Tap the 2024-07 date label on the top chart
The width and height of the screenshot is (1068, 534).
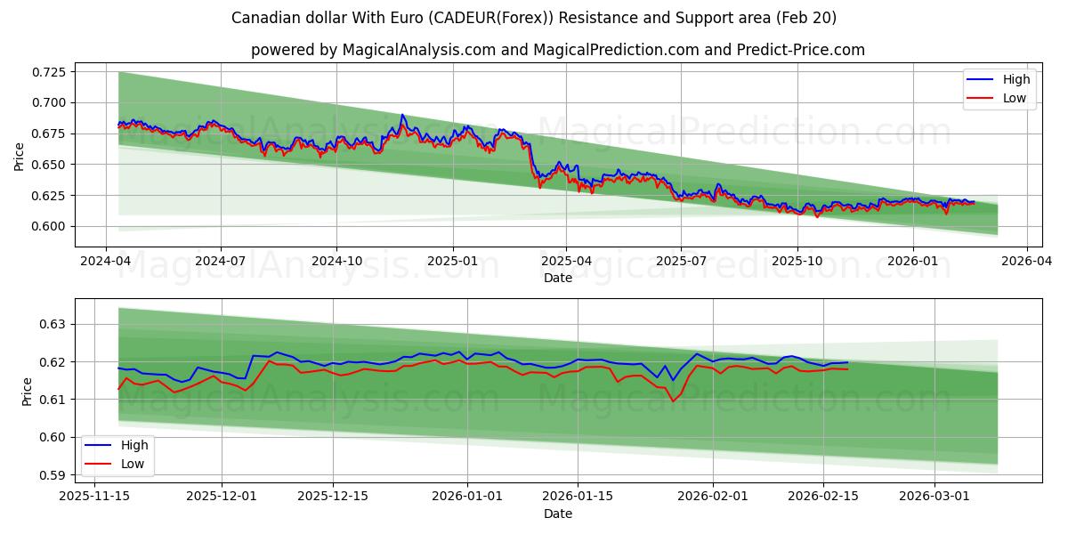(221, 262)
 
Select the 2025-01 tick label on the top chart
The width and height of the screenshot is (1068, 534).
(452, 262)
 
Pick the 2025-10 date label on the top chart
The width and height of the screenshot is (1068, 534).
(797, 262)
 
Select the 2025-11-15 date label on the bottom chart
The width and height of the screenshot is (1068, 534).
(93, 497)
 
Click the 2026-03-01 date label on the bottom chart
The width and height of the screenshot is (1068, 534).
(934, 497)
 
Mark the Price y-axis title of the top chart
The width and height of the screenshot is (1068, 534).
(20, 157)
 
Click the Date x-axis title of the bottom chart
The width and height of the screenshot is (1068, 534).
(558, 514)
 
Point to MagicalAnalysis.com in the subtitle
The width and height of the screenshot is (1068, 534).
(418, 50)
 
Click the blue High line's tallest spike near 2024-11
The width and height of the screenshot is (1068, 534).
(402, 115)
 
